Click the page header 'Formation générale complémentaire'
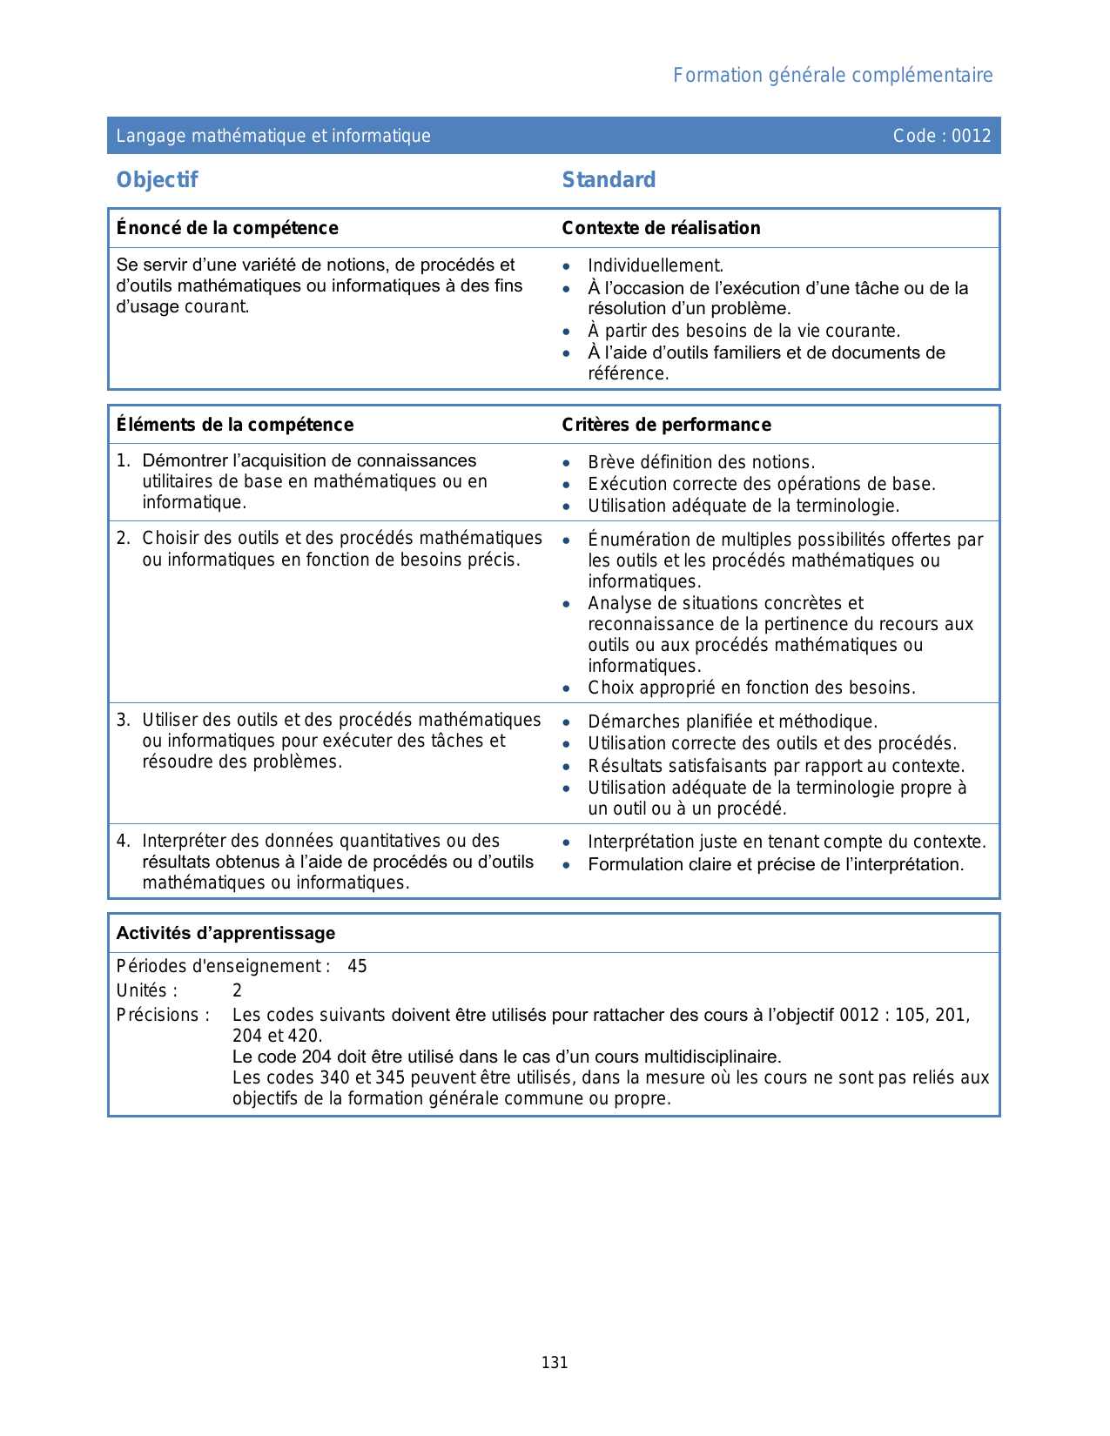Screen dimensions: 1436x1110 coord(832,76)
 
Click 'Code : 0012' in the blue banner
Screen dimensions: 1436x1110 coord(942,136)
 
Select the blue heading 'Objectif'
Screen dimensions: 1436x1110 coord(158,180)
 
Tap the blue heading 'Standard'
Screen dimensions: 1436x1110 coord(609,180)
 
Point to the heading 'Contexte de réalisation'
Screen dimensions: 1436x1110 coord(661,228)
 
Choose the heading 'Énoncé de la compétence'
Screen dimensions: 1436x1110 coord(227,228)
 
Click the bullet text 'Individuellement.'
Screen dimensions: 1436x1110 coord(656,265)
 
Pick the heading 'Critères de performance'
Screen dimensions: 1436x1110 coord(666,425)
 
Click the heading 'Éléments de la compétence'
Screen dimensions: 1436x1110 coord(235,425)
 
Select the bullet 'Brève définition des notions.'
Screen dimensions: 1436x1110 coord(701,462)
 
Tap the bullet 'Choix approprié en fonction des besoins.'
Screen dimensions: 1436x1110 coord(751,688)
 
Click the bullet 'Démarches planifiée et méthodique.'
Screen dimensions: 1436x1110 coord(732,721)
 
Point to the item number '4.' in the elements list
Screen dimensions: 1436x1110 coord(124,841)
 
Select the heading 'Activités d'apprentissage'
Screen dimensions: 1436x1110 coord(225,933)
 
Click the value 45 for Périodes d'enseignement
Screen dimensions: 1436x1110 coord(357,966)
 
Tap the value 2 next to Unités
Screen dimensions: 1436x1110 coord(237,990)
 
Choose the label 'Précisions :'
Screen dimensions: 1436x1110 coord(163,1015)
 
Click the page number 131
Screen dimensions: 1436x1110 coord(555,1363)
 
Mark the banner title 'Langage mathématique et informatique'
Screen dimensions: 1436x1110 coord(273,136)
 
